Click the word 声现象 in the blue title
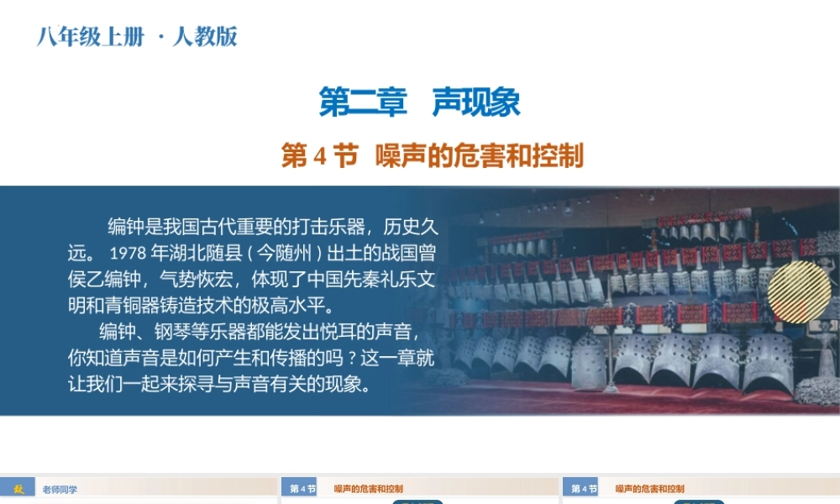pyautogui.click(x=476, y=102)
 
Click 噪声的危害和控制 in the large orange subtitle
pyautogui.click(x=479, y=156)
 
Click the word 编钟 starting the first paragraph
pyautogui.click(x=125, y=226)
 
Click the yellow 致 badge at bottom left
pyautogui.click(x=18, y=488)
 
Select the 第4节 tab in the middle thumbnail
pyautogui.click(x=302, y=489)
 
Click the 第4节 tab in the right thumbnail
pyautogui.click(x=584, y=489)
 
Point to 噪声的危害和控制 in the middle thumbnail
pyautogui.click(x=369, y=489)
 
